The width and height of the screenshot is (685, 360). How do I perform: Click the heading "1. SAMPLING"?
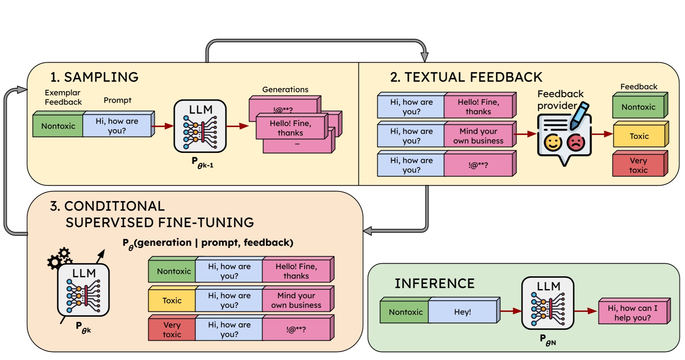tap(94, 77)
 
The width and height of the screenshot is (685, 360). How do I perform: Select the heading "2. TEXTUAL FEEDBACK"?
tap(466, 77)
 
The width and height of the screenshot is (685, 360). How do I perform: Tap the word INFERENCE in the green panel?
tap(434, 283)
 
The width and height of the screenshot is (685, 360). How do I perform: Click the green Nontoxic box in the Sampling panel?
tap(58, 126)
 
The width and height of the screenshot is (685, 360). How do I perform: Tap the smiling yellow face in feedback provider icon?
tap(553, 142)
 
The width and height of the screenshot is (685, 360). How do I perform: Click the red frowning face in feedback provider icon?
tap(576, 142)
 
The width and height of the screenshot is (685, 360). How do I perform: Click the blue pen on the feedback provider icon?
tap(579, 115)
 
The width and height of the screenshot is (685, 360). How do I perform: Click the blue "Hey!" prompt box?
tap(463, 312)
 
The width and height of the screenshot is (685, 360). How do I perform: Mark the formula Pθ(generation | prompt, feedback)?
tap(208, 243)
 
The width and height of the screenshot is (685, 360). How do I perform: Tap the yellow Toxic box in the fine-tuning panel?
tap(172, 300)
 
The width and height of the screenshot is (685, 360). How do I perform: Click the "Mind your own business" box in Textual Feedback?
tap(478, 136)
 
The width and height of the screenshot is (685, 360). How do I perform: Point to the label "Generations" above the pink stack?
tap(285, 89)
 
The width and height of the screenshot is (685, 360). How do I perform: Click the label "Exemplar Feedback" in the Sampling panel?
tap(63, 97)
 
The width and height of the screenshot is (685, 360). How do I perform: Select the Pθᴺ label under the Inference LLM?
tap(547, 339)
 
